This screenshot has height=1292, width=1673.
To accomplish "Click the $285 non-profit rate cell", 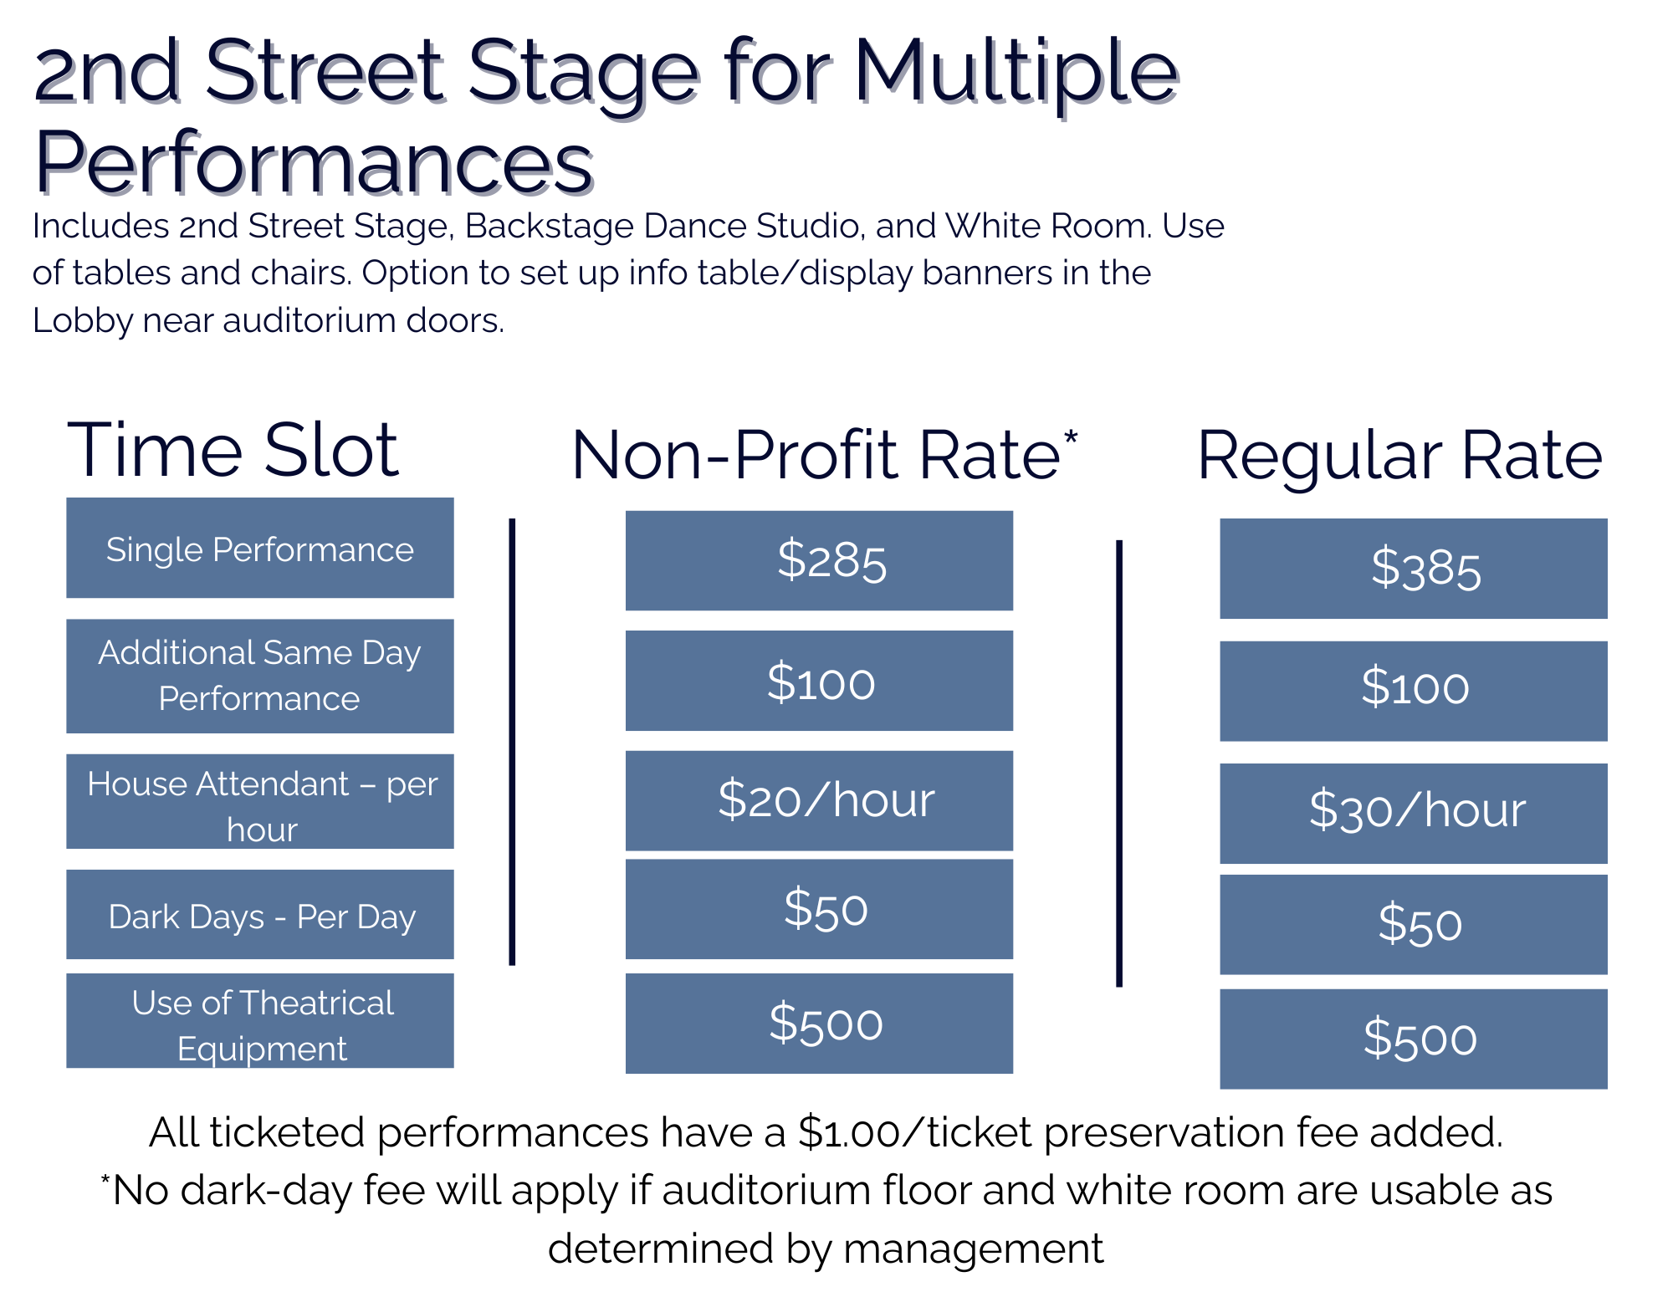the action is click(819, 560).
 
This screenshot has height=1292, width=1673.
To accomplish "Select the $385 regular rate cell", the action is click(1414, 569).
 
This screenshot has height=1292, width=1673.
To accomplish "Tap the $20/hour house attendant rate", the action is click(819, 800).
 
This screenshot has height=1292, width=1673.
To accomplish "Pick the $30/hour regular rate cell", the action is click(1414, 813).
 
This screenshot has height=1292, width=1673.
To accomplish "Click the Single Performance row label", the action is click(260, 548).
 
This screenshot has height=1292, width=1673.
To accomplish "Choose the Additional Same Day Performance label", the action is click(260, 676).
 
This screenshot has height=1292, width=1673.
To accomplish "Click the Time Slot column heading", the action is click(233, 451).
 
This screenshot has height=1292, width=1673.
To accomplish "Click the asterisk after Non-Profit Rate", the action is click(1071, 437).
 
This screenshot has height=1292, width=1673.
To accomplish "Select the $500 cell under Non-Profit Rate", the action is click(819, 1023).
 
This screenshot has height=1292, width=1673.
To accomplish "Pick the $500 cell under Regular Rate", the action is click(1414, 1039).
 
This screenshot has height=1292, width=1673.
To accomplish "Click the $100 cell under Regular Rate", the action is click(1414, 691).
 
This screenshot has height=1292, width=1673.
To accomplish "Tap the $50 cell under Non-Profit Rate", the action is click(819, 909).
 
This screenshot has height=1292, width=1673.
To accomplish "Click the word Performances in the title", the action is click(315, 162).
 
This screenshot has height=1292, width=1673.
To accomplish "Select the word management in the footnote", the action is click(973, 1249).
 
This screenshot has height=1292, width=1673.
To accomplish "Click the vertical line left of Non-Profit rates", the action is click(512, 742).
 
